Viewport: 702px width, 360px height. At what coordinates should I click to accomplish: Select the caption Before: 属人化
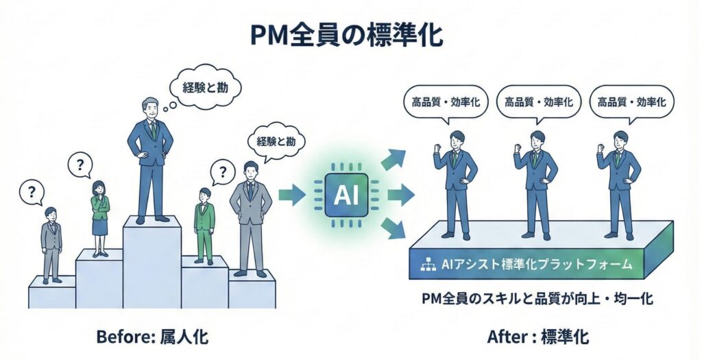tap(152, 337)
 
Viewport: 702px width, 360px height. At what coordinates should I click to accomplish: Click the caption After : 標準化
tap(538, 337)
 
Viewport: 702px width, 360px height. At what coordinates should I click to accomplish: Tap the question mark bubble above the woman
tap(81, 165)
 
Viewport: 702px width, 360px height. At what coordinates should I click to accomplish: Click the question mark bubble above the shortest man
tap(31, 191)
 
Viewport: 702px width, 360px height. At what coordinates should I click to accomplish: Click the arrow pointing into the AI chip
tap(291, 195)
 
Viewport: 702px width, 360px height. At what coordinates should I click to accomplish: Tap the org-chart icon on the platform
tap(427, 263)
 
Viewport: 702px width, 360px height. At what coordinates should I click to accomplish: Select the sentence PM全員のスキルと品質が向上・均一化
tap(537, 299)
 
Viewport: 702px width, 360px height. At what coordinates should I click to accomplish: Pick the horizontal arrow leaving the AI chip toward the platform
tap(401, 195)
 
